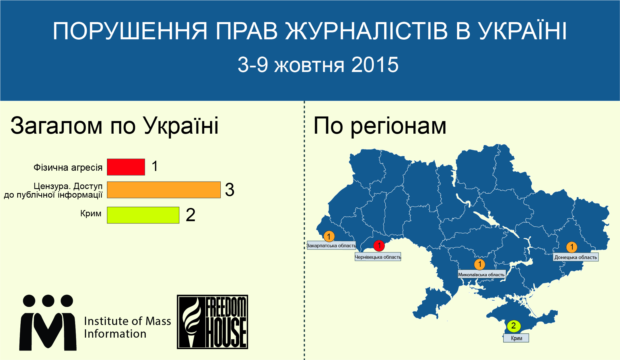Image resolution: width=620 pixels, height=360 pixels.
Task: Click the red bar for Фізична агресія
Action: pos(126,167)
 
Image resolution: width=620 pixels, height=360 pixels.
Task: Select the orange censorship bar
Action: pos(164,190)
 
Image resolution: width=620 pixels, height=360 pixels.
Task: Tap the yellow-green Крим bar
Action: pos(143,215)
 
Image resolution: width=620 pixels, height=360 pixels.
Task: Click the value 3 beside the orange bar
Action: pos(230,190)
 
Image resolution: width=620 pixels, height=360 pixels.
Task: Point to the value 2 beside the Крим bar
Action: pos(191,215)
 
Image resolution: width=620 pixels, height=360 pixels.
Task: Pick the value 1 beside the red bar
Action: pos(155,166)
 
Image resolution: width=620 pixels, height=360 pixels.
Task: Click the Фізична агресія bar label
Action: pos(68,167)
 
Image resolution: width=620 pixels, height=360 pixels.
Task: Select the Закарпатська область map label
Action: pos(331,246)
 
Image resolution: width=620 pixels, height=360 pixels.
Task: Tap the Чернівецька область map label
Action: pos(378,257)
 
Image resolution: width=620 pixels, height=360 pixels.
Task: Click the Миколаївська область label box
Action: pos(481,275)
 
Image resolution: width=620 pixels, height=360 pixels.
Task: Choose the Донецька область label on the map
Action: pos(576,257)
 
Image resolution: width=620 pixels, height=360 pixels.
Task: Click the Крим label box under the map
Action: pos(516,338)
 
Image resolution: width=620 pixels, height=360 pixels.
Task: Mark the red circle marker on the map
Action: pos(379,246)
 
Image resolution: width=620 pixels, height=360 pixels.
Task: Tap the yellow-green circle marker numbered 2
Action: pos(514,326)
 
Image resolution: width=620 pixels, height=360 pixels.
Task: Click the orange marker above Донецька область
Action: pos(572,247)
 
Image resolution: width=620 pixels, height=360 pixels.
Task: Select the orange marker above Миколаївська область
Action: pos(480,264)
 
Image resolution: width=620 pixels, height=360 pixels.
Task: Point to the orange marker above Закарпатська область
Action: pos(329,237)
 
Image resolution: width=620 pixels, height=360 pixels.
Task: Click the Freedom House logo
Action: pos(212,322)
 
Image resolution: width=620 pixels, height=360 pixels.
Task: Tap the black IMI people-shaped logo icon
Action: pos(48,322)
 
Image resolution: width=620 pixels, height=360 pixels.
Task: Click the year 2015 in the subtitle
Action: pos(375,65)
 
